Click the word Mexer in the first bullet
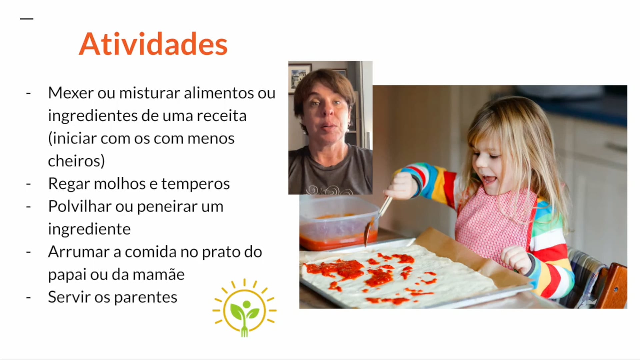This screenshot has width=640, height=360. [x=70, y=93]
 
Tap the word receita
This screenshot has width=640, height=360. [x=221, y=116]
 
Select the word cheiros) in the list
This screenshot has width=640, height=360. [x=76, y=161]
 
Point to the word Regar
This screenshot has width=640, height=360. [x=69, y=184]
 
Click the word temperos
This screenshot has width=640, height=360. [x=195, y=184]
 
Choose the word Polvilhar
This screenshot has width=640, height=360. [x=79, y=206]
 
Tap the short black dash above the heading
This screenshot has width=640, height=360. [x=27, y=19]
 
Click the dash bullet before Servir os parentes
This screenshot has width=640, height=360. [x=28, y=297]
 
